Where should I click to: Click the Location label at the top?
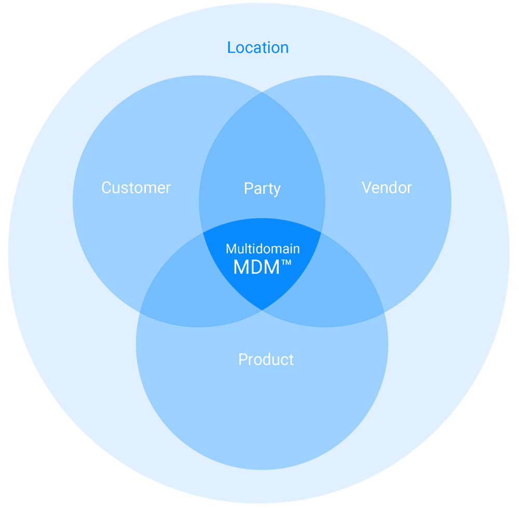pyautogui.click(x=258, y=48)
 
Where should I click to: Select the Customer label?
pyautogui.click(x=136, y=188)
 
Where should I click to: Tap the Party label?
pyautogui.click(x=262, y=189)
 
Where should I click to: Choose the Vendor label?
pyautogui.click(x=387, y=187)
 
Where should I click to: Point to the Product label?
pyautogui.click(x=266, y=359)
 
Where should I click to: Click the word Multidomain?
pyautogui.click(x=263, y=249)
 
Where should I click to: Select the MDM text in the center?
pyautogui.click(x=256, y=267)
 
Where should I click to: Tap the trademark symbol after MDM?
pyautogui.click(x=286, y=263)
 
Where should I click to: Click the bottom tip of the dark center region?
pyautogui.click(x=262, y=310)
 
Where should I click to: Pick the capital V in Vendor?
pyautogui.click(x=366, y=187)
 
